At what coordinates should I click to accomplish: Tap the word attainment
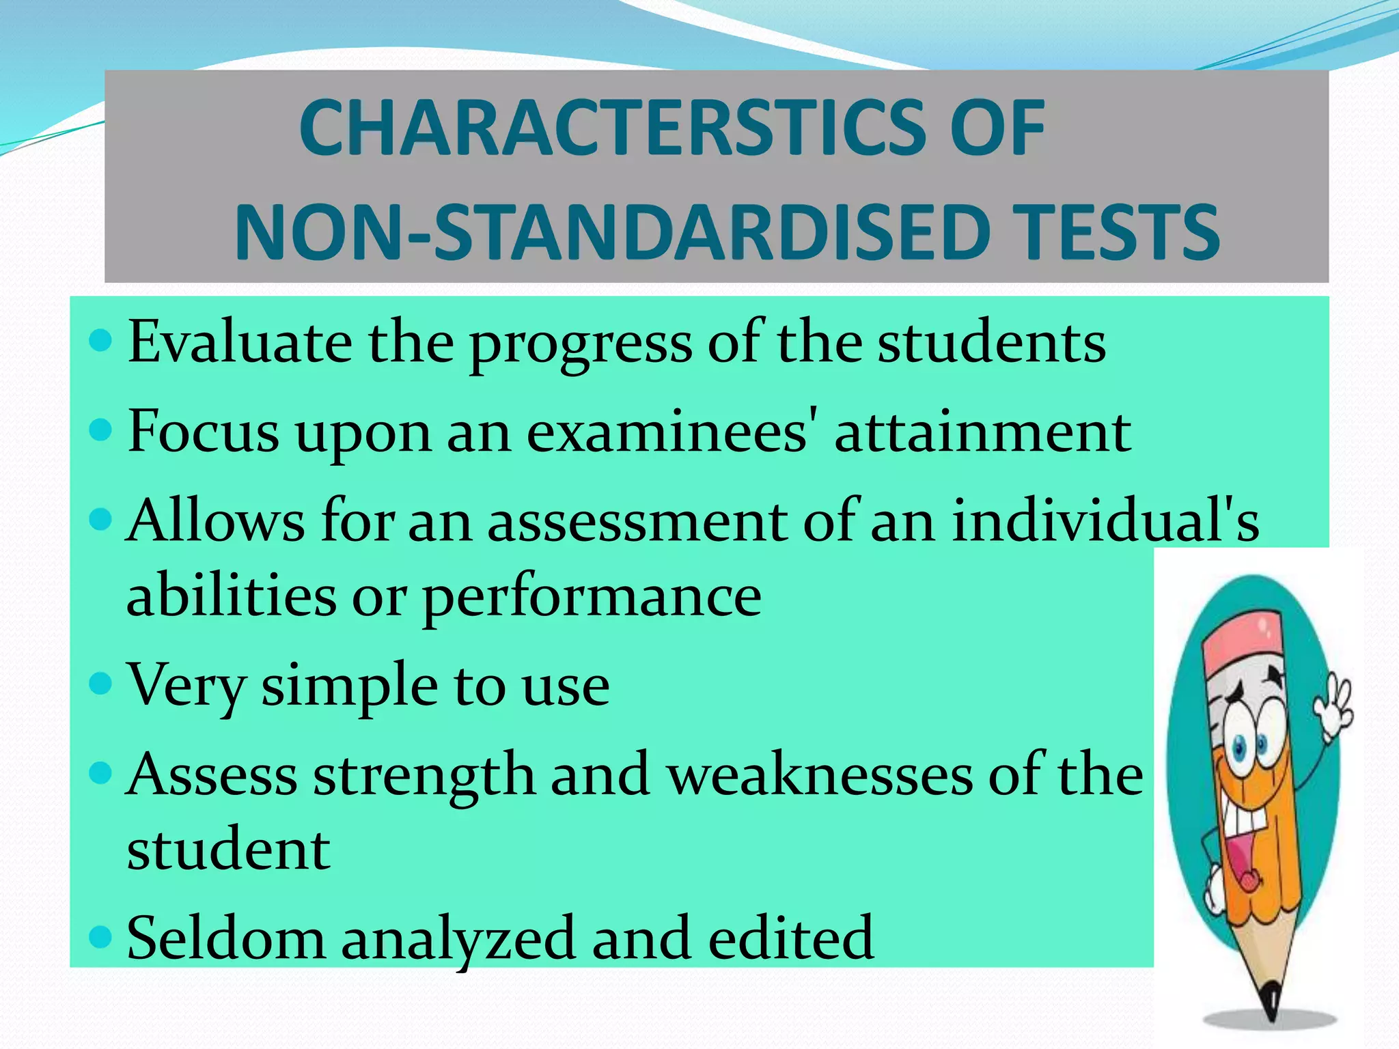[x=983, y=432]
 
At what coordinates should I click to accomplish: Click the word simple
[x=349, y=687]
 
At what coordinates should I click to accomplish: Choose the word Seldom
[x=226, y=938]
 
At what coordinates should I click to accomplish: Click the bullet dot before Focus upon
[x=100, y=430]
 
